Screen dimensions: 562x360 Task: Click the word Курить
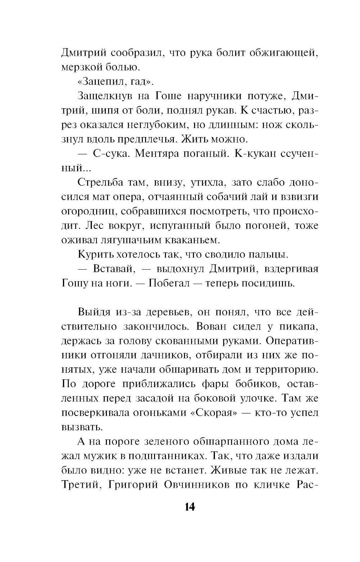[93, 254]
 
